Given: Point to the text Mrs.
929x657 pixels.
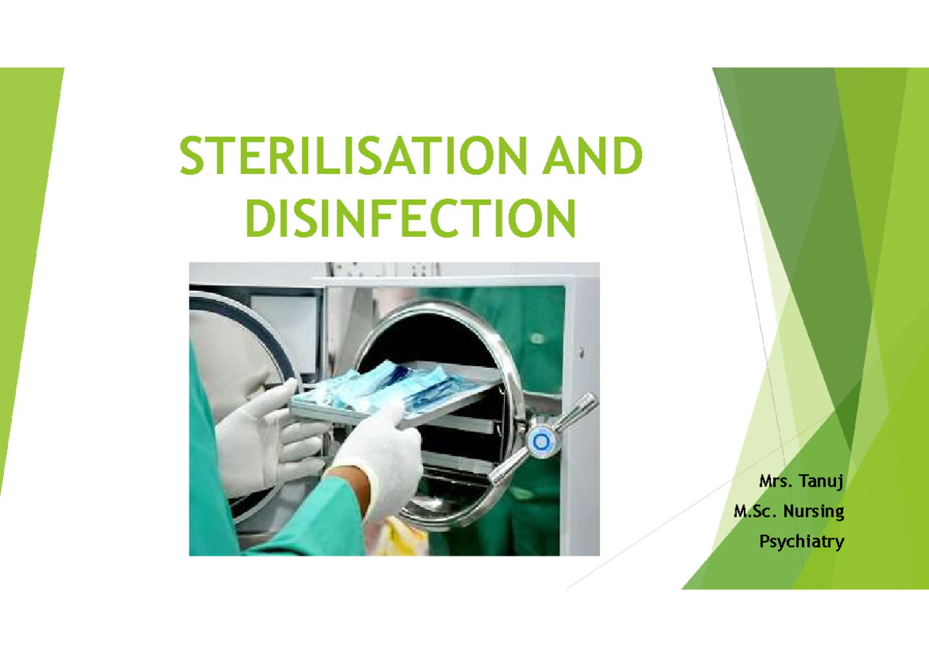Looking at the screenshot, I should point(775,482).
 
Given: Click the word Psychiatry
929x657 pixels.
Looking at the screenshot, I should point(801,542).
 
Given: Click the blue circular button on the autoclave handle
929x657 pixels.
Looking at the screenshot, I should point(540,442).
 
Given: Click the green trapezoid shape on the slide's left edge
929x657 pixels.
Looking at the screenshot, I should point(27,271).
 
